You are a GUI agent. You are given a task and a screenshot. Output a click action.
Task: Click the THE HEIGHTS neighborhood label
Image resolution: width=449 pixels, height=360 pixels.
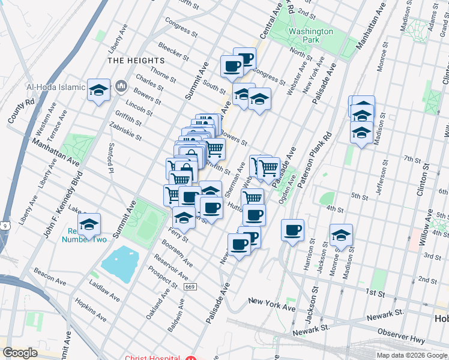coord(136,61)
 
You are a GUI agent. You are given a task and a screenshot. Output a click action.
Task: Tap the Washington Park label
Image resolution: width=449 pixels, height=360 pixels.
coord(310,35)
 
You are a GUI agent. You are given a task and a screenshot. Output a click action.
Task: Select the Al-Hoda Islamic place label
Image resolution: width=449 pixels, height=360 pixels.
coord(56,87)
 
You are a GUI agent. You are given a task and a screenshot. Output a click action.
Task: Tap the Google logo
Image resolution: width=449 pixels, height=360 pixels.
coord(20,353)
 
